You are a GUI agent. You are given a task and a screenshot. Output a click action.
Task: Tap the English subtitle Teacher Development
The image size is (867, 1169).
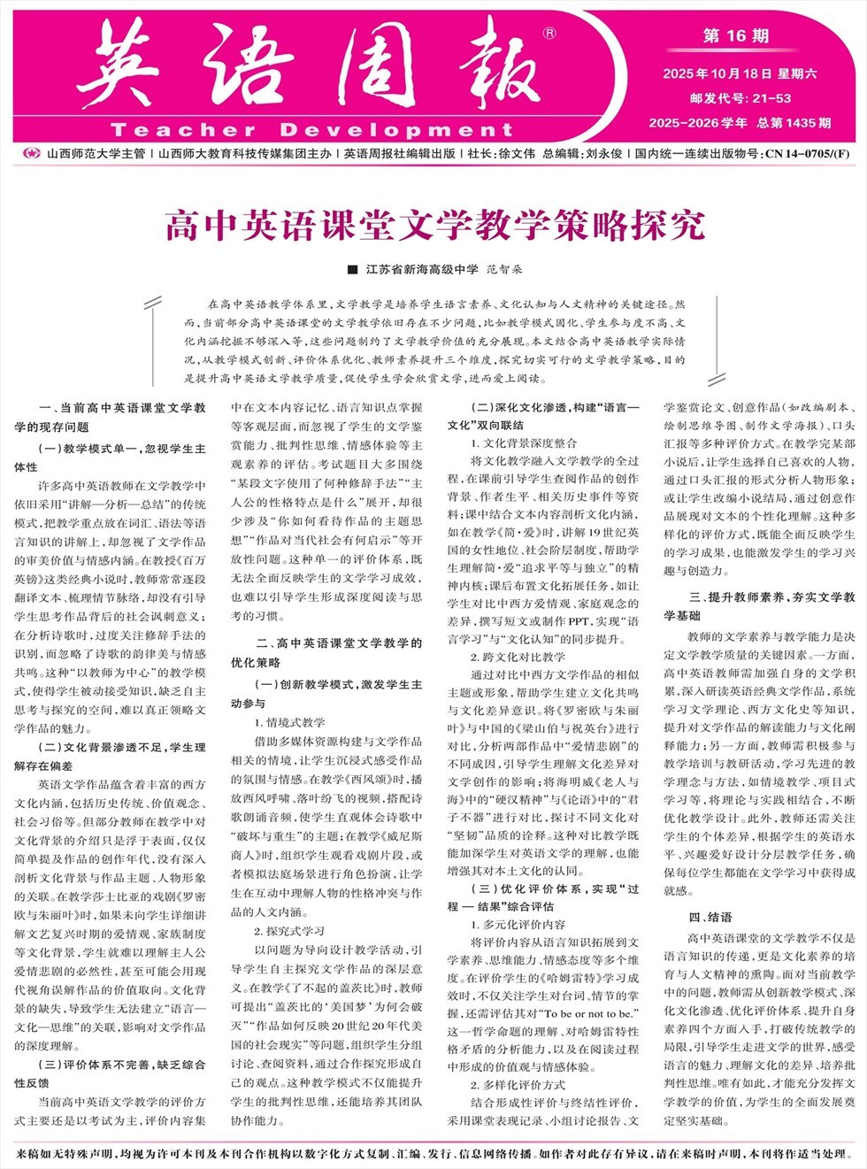pos(311,130)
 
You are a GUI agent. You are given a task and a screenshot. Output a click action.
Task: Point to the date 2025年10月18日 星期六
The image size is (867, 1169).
pos(740,74)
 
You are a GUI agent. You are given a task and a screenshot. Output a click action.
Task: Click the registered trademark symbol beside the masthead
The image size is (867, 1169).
pos(549,34)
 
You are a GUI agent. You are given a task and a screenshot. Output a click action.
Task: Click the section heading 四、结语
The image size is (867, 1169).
pos(710,917)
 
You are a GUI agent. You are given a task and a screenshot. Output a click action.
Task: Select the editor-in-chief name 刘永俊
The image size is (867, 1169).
pos(603,153)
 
